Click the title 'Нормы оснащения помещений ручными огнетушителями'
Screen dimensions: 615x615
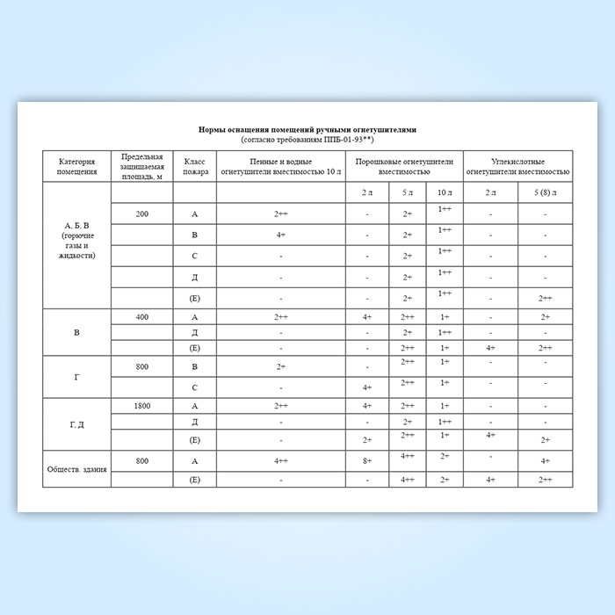[307, 129]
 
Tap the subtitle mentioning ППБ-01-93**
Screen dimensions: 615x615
[307, 140]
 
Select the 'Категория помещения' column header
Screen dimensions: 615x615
[76, 166]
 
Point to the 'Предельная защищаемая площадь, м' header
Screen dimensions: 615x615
[141, 166]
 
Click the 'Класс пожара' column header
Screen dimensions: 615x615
[195, 166]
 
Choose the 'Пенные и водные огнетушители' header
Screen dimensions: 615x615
[280, 166]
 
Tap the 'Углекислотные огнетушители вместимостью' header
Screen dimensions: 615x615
[517, 166]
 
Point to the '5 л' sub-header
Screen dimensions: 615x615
[407, 192]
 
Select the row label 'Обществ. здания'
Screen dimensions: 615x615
[76, 469]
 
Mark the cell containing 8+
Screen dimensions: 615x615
[366, 460]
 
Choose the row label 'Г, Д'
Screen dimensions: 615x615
[76, 423]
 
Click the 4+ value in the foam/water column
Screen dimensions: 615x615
[280, 235]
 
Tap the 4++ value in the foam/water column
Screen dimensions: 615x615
[280, 460]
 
